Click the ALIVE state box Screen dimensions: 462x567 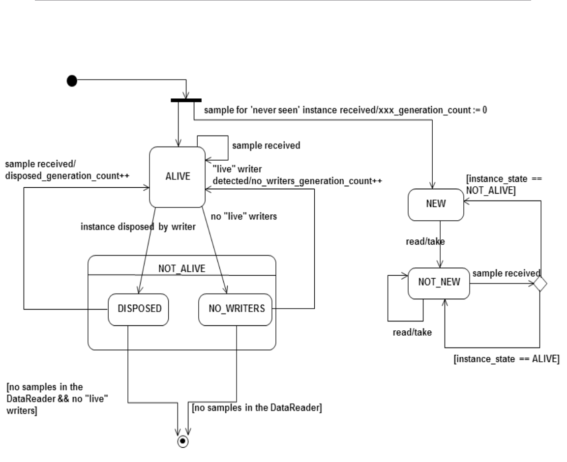[x=177, y=177]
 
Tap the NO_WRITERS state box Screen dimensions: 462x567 [x=235, y=310]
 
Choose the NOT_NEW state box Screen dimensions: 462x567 [x=439, y=283]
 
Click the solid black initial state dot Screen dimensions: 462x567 [x=72, y=80]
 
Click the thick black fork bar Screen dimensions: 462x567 [x=186, y=100]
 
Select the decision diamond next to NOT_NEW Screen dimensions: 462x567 [x=540, y=284]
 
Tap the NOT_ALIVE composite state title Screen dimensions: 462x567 [x=181, y=269]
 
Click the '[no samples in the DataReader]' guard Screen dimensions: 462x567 [x=257, y=407]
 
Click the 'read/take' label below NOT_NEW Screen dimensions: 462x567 [x=412, y=332]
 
